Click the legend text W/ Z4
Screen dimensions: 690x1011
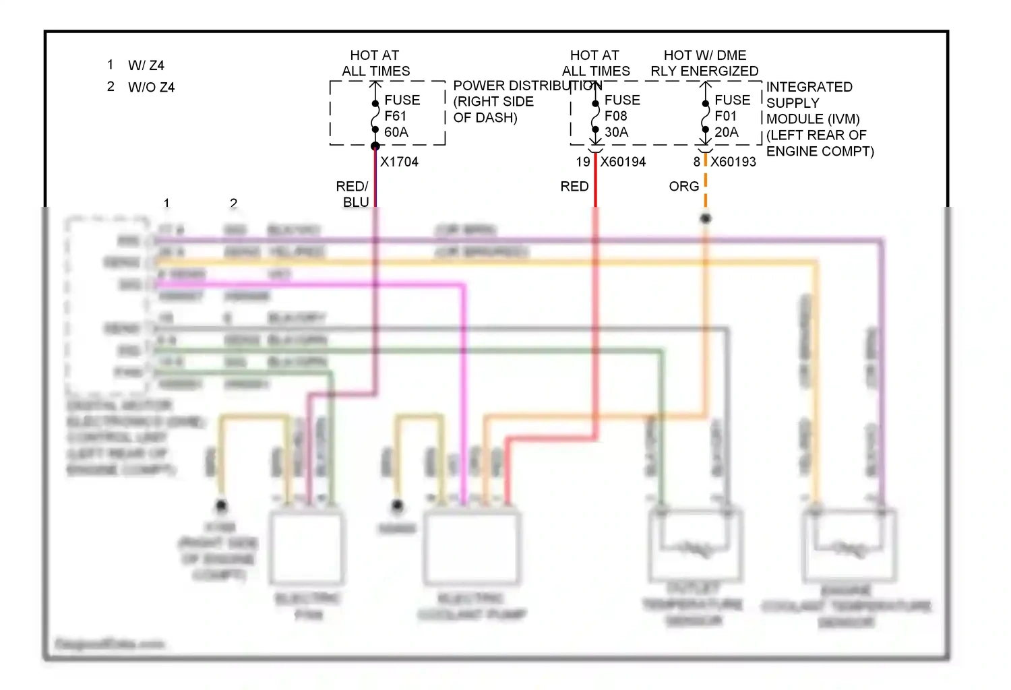click(x=146, y=65)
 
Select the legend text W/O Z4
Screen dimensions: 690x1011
click(x=151, y=88)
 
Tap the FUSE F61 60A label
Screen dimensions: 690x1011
click(x=402, y=116)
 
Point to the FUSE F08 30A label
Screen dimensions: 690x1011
click(x=621, y=116)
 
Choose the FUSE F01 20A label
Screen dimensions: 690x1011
click(x=732, y=116)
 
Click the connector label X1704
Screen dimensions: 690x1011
click(x=399, y=162)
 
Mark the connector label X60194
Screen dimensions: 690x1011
click(x=623, y=162)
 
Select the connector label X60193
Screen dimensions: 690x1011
click(x=733, y=162)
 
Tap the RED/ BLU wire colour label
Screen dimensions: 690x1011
click(x=353, y=194)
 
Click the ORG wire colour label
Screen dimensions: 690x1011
click(x=683, y=186)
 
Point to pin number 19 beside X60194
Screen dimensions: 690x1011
click(x=583, y=162)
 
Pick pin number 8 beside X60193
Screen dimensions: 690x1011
click(x=697, y=162)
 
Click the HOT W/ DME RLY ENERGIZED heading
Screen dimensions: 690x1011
click(x=704, y=63)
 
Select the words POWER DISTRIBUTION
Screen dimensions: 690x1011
click(x=527, y=86)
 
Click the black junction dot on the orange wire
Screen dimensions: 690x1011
click(x=706, y=218)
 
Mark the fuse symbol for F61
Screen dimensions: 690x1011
click(x=375, y=117)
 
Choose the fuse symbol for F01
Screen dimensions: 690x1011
click(x=706, y=117)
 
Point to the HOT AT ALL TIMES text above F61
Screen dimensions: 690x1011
click(x=375, y=63)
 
